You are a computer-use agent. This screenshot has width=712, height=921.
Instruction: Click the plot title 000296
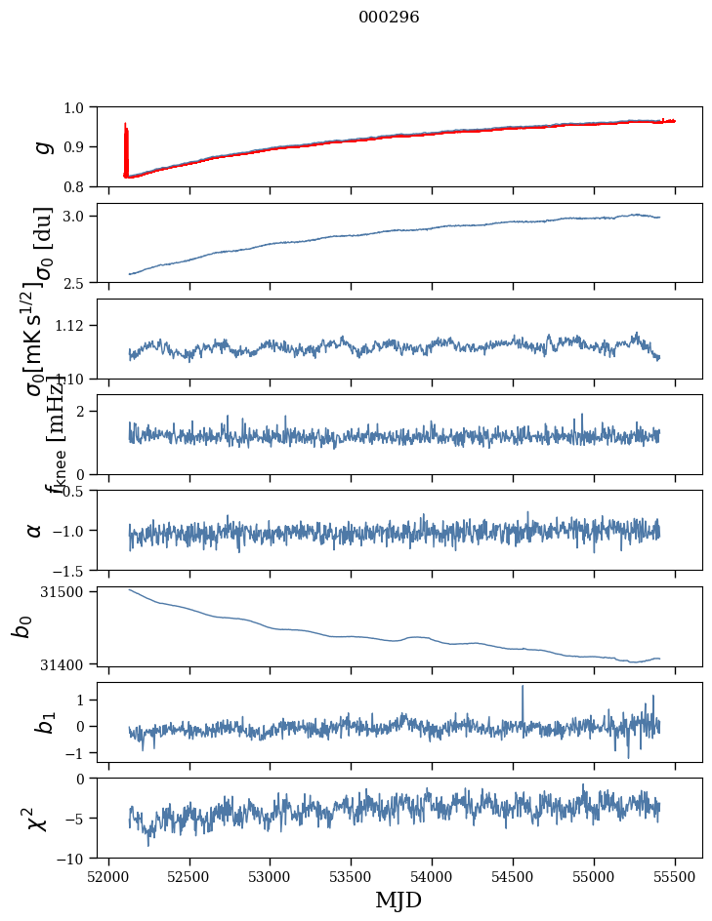click(389, 17)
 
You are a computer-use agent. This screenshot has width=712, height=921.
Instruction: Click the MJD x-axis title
click(398, 900)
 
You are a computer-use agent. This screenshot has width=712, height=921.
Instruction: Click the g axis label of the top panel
click(41, 146)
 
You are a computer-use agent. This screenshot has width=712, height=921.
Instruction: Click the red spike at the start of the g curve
click(126, 137)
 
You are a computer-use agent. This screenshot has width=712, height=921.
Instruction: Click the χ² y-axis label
click(41, 819)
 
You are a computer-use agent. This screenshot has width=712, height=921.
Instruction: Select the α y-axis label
click(35, 530)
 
